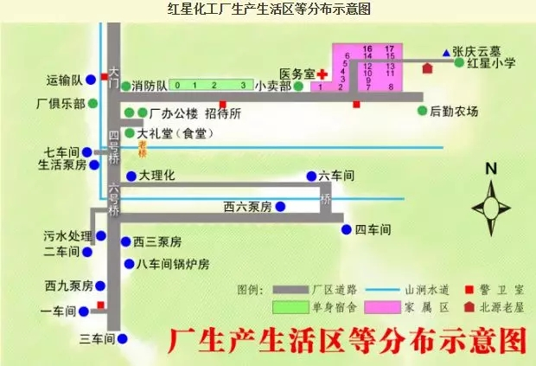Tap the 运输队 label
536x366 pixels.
[64, 80]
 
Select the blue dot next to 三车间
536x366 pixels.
[123, 339]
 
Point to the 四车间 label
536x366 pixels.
[373, 230]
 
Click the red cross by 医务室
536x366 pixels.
[322, 74]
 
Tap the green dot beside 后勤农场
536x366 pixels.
[423, 111]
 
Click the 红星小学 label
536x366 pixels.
[491, 63]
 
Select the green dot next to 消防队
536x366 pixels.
[126, 86]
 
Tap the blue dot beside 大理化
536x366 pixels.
[131, 176]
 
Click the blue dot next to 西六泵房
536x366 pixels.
[279, 207]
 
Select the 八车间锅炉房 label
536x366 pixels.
[173, 264]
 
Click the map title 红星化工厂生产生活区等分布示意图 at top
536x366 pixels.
[268, 10]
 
